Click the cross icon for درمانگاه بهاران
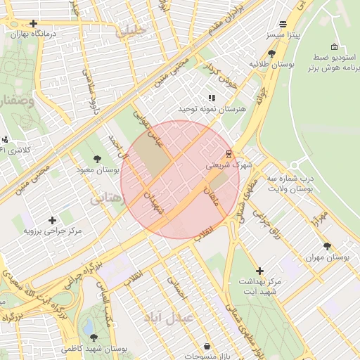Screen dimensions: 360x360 pos(34,23)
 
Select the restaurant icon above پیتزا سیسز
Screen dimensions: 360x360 pos(283,23)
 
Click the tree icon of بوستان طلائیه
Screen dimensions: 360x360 pos(272,53)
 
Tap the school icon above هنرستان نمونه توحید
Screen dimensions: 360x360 pos(212,98)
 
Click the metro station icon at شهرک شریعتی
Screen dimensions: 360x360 pos(229,153)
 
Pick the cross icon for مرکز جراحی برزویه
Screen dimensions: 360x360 pos(53,220)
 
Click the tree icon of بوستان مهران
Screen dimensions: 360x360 pos(327,246)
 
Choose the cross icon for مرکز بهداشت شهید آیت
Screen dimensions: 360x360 pos(259,271)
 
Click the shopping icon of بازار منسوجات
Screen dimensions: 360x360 pos(207,346)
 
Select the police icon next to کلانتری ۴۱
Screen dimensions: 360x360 pos(4,139)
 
